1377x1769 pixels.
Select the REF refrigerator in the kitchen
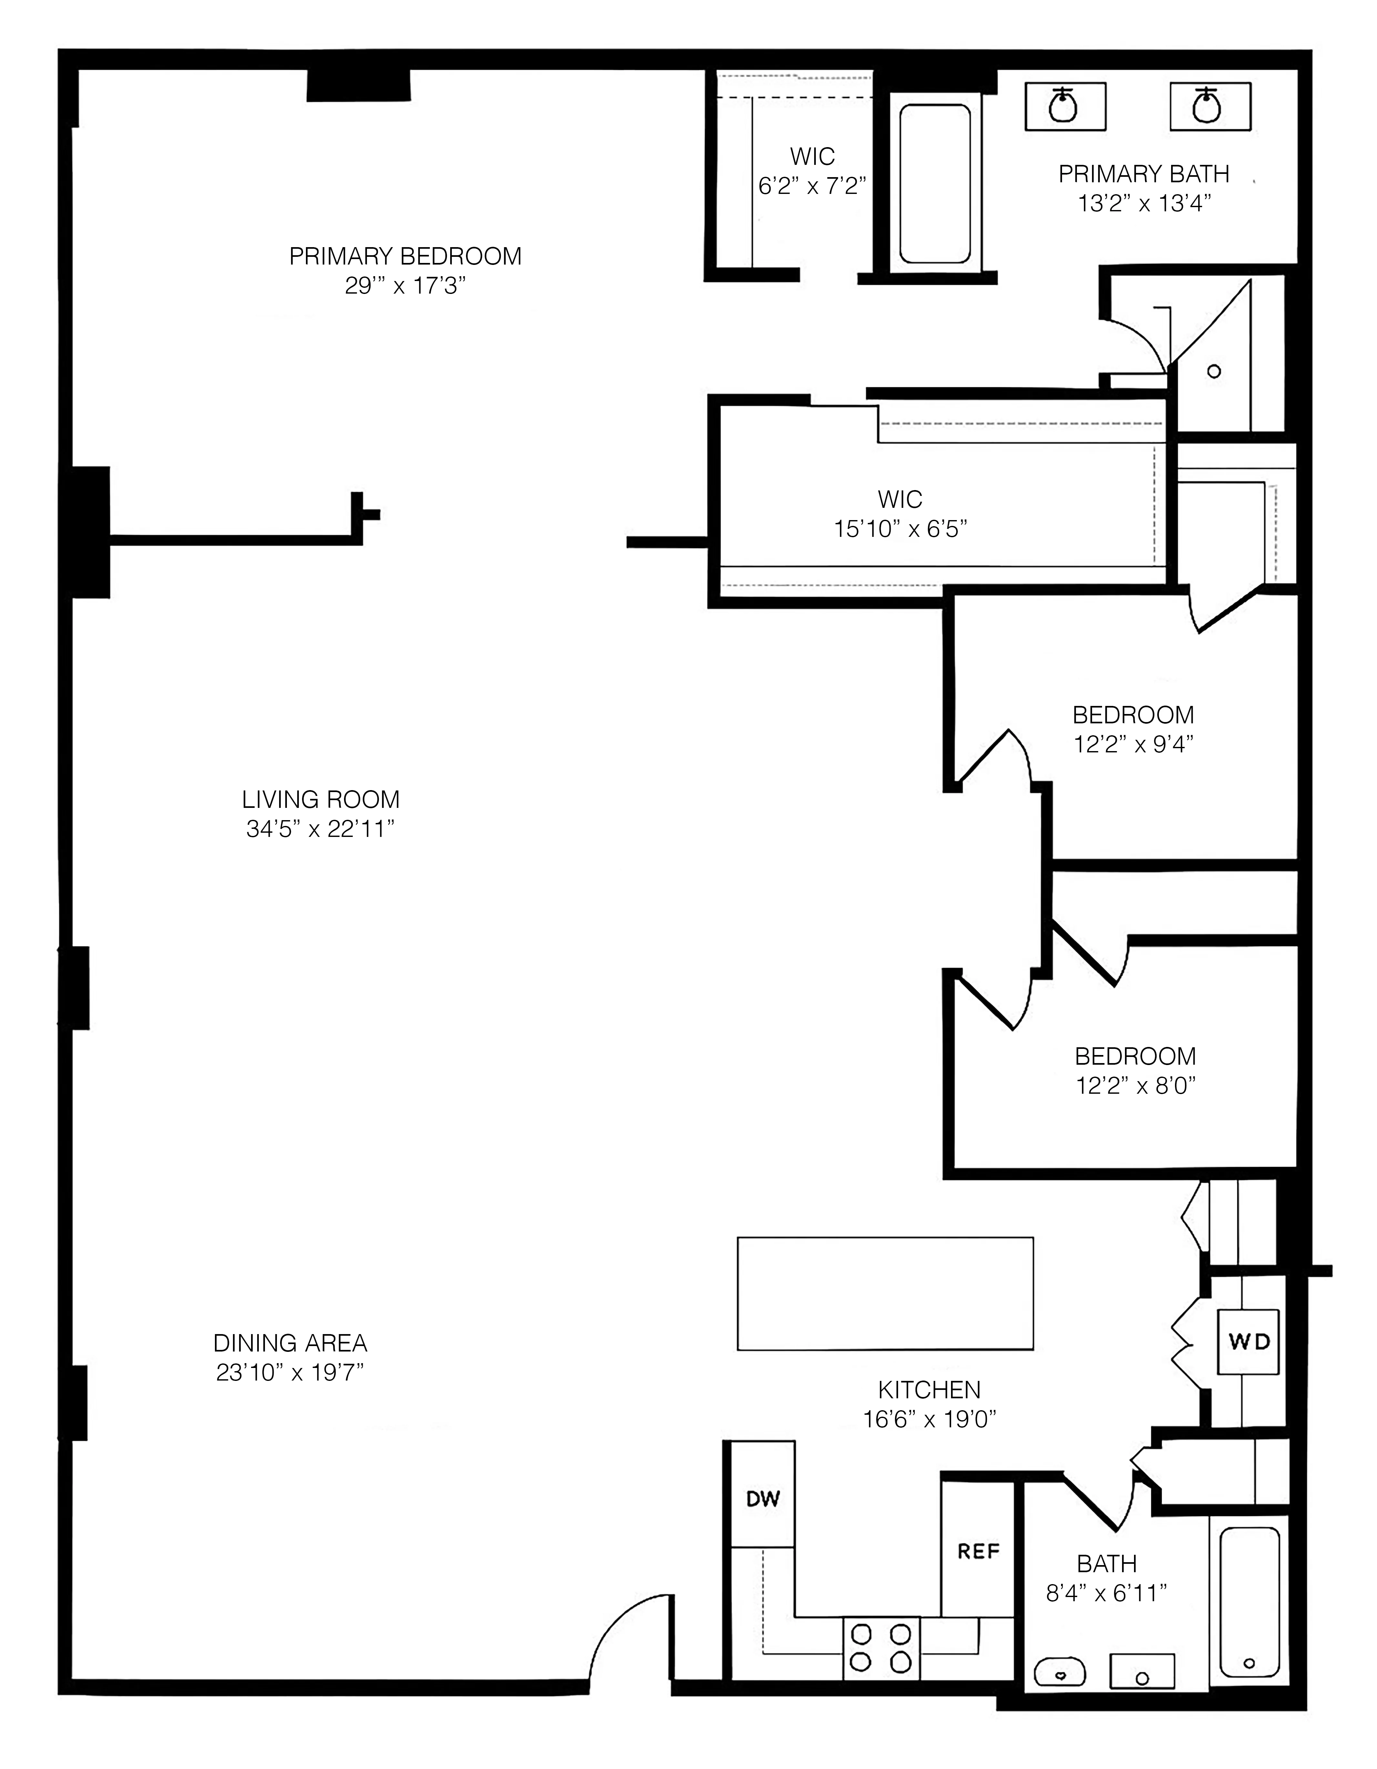(978, 1551)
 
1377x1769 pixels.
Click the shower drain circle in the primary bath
(1213, 372)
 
